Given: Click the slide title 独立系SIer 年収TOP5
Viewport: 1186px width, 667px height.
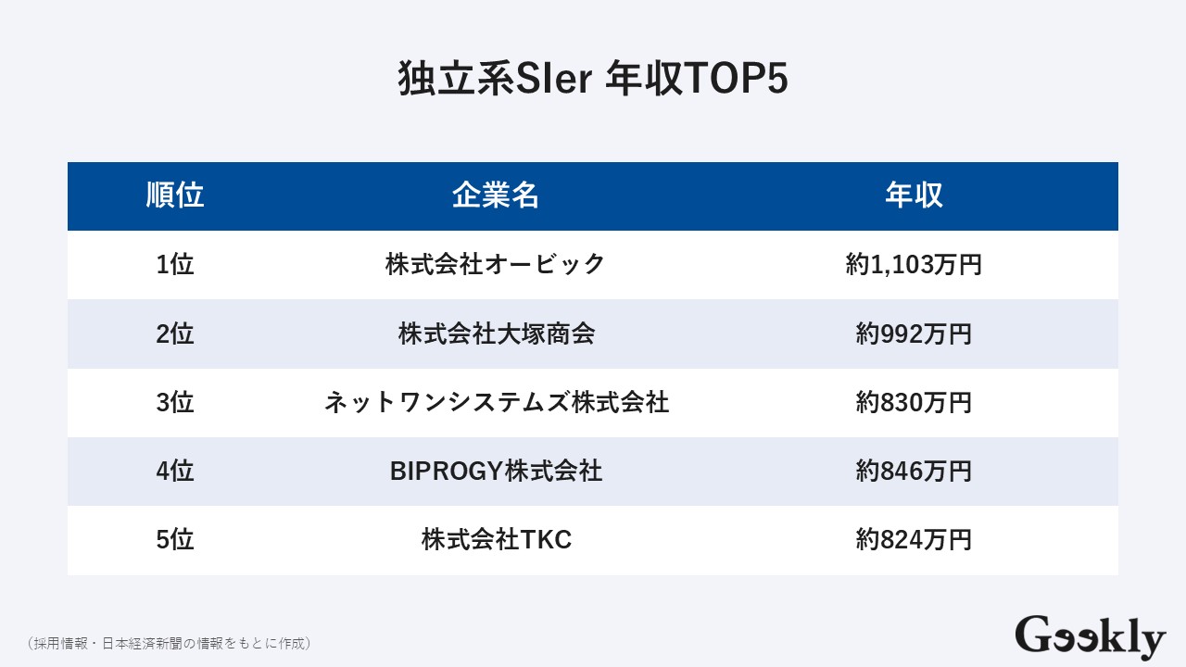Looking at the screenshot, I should click(593, 80).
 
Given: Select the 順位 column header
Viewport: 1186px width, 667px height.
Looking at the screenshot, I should click(175, 195).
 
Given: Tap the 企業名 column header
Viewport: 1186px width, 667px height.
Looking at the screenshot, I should click(496, 195).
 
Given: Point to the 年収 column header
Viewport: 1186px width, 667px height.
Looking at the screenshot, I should click(914, 195).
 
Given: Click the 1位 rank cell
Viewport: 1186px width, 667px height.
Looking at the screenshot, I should click(175, 265).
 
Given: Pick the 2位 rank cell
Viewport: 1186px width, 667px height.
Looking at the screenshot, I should click(175, 333).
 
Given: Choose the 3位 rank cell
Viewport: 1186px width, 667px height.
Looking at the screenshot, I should click(175, 403).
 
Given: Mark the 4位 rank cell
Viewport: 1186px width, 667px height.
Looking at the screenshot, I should click(175, 472).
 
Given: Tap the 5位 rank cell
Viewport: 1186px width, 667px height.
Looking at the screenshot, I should click(175, 540).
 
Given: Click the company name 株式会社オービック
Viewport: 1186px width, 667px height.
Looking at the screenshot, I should click(496, 265).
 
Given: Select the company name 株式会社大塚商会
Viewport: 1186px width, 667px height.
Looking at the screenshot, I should click(496, 333).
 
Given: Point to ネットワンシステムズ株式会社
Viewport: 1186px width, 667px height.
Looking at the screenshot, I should click(496, 403).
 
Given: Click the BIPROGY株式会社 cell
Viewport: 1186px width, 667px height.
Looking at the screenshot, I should click(496, 472).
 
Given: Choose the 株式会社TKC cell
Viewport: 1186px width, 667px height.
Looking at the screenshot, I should click(496, 540).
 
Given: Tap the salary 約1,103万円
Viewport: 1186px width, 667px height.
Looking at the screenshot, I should click(914, 265).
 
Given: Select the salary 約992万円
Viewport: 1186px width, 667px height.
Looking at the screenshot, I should click(914, 333).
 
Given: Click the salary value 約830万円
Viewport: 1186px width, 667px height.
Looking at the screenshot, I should click(914, 403).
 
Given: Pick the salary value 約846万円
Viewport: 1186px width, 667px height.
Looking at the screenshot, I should click(914, 472).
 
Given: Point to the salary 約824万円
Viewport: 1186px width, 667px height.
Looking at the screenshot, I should click(914, 540).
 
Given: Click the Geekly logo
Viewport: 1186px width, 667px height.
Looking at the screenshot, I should click(1090, 637).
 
